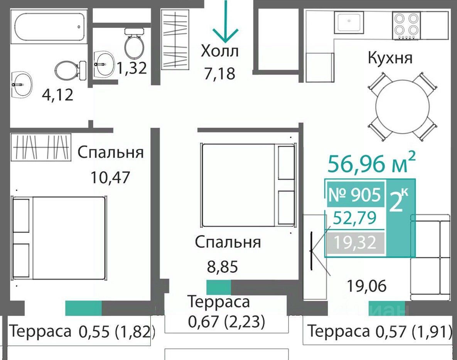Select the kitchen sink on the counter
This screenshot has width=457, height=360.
[349, 22]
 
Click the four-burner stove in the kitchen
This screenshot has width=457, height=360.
[406, 26]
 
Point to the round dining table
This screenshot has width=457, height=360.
[403, 107]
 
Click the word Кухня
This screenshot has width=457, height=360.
[390, 57]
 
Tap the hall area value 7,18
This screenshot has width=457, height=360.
[219, 73]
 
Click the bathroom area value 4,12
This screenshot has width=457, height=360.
[57, 95]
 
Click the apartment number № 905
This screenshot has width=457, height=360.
[355, 194]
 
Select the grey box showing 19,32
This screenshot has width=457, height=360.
[355, 243]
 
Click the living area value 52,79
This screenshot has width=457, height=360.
[355, 218]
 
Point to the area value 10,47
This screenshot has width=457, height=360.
[110, 177]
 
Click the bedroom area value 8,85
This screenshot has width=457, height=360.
[223, 266]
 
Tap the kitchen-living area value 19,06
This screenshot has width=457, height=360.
[367, 286]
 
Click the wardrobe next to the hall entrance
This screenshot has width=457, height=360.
[175, 39]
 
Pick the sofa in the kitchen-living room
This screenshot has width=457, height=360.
[430, 258]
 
